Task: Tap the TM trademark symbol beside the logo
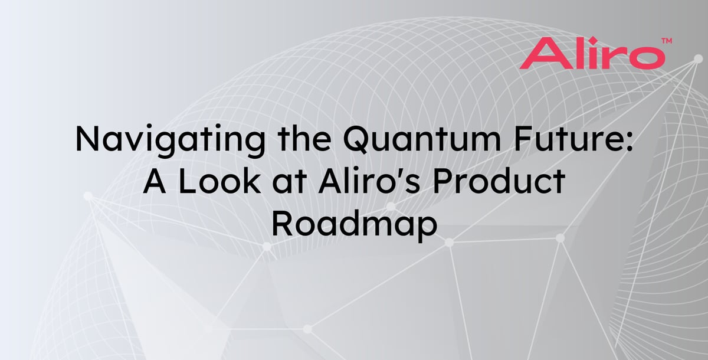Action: tap(667, 41)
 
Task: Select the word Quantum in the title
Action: tap(422, 139)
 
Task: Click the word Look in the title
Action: tap(219, 181)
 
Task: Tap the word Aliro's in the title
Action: tap(369, 181)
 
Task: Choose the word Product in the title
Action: tap(499, 181)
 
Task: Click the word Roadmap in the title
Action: tap(355, 224)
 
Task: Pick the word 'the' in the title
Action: tap(304, 139)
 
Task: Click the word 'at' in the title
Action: tap(290, 183)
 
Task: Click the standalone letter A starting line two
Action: tap(155, 181)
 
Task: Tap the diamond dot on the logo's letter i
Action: tap(593, 41)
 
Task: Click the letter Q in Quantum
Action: tap(356, 140)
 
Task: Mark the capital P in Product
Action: tap(443, 181)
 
